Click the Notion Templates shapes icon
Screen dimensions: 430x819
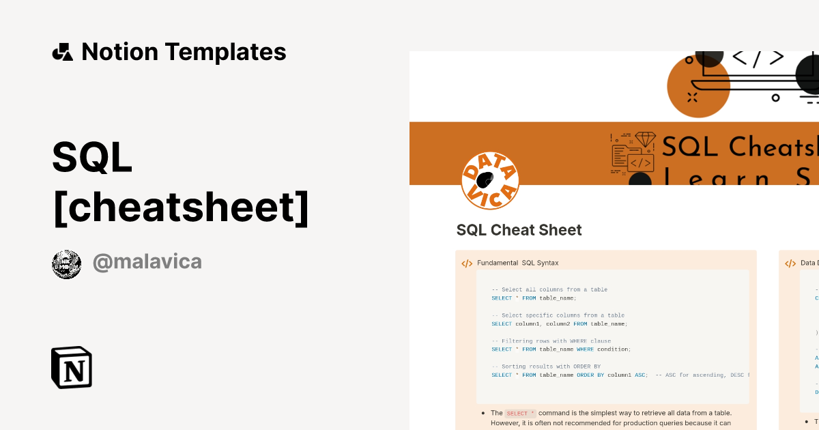(x=62, y=52)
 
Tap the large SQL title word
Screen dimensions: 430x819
(x=92, y=158)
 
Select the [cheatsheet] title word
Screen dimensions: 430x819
(x=180, y=207)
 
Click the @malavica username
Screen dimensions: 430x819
(x=147, y=262)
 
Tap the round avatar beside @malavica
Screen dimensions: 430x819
(x=66, y=264)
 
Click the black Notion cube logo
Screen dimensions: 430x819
(x=72, y=367)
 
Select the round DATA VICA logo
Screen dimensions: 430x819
(x=490, y=180)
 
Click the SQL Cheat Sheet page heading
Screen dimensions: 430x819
(x=519, y=230)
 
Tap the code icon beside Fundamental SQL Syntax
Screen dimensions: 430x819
(x=467, y=263)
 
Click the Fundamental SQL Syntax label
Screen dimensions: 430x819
(x=517, y=263)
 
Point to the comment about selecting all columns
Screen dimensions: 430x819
(x=549, y=289)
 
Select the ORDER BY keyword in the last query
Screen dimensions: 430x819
(x=589, y=375)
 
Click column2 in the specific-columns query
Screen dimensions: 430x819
(x=557, y=324)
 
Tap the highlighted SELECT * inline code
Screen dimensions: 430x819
(x=520, y=413)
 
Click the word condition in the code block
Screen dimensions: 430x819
(x=614, y=349)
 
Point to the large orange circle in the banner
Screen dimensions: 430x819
(x=698, y=87)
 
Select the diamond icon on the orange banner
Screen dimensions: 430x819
(x=645, y=139)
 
